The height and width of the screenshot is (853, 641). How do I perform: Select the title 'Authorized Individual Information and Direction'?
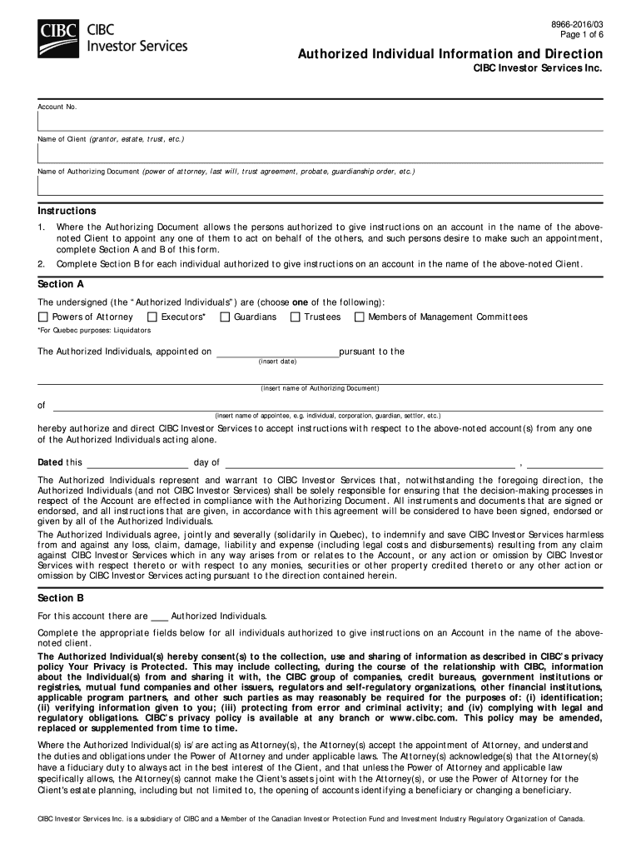click(450, 54)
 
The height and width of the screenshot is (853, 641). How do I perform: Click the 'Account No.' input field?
click(320, 122)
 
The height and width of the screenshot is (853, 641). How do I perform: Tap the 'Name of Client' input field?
click(320, 153)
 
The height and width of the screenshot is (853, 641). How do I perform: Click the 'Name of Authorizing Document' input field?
click(320, 186)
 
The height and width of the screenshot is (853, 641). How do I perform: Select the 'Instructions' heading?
click(67, 211)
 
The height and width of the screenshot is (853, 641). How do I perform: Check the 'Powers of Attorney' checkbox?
click(43, 317)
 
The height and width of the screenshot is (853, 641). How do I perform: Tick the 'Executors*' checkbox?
click(152, 317)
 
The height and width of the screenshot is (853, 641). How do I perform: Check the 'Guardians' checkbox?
click(225, 317)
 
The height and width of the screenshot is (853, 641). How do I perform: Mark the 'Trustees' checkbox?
click(296, 317)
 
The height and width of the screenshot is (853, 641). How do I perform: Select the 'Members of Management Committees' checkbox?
click(360, 317)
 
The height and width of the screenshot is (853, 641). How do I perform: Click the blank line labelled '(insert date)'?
click(277, 352)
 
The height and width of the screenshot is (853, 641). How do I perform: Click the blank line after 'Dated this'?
click(137, 464)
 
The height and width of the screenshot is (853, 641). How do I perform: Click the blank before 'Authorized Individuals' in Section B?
click(160, 617)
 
